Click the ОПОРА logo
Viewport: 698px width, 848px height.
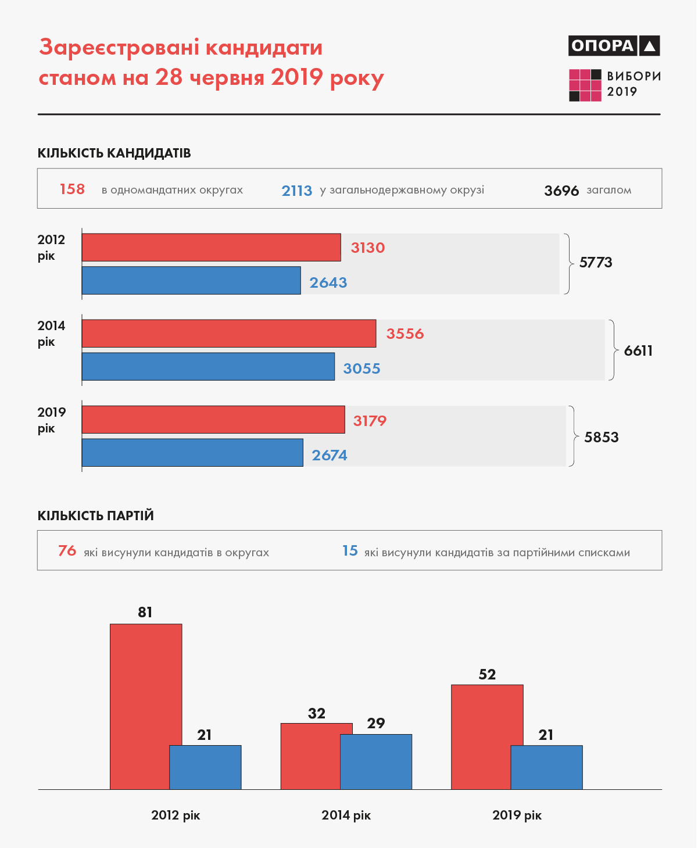pyautogui.click(x=614, y=45)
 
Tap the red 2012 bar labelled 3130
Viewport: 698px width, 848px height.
pyautogui.click(x=211, y=248)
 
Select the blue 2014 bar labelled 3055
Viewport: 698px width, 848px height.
pyautogui.click(x=208, y=367)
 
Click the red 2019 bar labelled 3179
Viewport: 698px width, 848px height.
pyautogui.click(x=213, y=420)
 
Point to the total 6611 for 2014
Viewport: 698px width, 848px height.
pyautogui.click(x=638, y=350)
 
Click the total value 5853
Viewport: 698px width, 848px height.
pyautogui.click(x=601, y=437)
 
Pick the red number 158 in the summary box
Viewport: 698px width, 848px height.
pyautogui.click(x=72, y=189)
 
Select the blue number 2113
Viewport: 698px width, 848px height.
pyautogui.click(x=296, y=191)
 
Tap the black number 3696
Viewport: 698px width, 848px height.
pyautogui.click(x=561, y=191)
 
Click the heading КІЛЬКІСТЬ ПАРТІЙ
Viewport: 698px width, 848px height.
pyautogui.click(x=95, y=516)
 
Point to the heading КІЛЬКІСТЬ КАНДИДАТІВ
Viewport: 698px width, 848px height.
pyautogui.click(x=114, y=153)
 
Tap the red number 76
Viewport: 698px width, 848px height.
pyautogui.click(x=67, y=551)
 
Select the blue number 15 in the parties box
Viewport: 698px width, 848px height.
pyautogui.click(x=350, y=551)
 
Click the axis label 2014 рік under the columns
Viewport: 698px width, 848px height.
pyautogui.click(x=346, y=815)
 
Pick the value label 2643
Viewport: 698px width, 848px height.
pyautogui.click(x=328, y=282)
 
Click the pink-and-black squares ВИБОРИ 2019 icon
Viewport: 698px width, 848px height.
pyautogui.click(x=585, y=85)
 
